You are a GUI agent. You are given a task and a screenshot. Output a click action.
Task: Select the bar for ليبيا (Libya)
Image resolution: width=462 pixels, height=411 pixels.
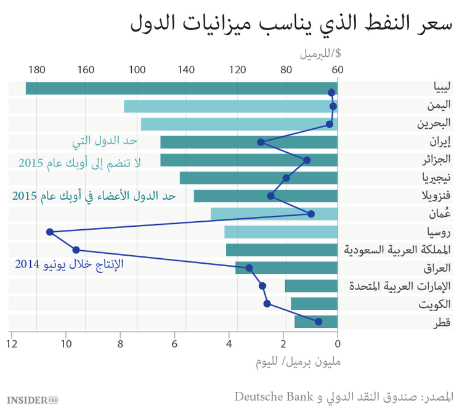click(x=181, y=88)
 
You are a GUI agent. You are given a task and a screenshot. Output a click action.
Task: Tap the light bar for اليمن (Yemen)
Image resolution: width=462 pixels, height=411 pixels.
click(x=230, y=106)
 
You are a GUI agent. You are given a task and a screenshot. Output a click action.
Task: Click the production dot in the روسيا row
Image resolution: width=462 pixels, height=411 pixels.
click(x=50, y=232)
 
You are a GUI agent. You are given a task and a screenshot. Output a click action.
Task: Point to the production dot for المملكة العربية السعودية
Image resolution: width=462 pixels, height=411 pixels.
click(x=76, y=250)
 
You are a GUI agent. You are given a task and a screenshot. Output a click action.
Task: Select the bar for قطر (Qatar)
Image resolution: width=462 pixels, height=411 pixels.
click(x=316, y=322)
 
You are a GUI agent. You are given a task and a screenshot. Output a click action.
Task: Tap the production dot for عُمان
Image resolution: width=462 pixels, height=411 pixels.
click(x=311, y=214)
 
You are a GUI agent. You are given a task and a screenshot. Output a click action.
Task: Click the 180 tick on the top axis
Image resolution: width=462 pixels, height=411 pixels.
click(x=36, y=70)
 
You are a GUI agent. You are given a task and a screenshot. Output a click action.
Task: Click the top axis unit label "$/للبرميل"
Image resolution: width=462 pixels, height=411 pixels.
click(x=320, y=53)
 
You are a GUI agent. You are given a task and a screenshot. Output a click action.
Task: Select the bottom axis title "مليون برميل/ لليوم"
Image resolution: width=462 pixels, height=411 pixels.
click(x=298, y=362)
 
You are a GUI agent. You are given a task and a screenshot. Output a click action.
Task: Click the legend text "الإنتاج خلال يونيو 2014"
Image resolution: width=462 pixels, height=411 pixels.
click(x=68, y=264)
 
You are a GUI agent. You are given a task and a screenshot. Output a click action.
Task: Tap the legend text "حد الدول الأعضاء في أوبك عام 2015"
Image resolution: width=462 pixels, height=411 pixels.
click(x=94, y=196)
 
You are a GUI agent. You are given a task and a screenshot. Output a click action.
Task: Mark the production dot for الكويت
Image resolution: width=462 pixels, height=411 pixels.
click(x=267, y=304)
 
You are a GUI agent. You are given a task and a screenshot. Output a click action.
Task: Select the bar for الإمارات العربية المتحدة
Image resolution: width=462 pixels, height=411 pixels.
click(x=311, y=286)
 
